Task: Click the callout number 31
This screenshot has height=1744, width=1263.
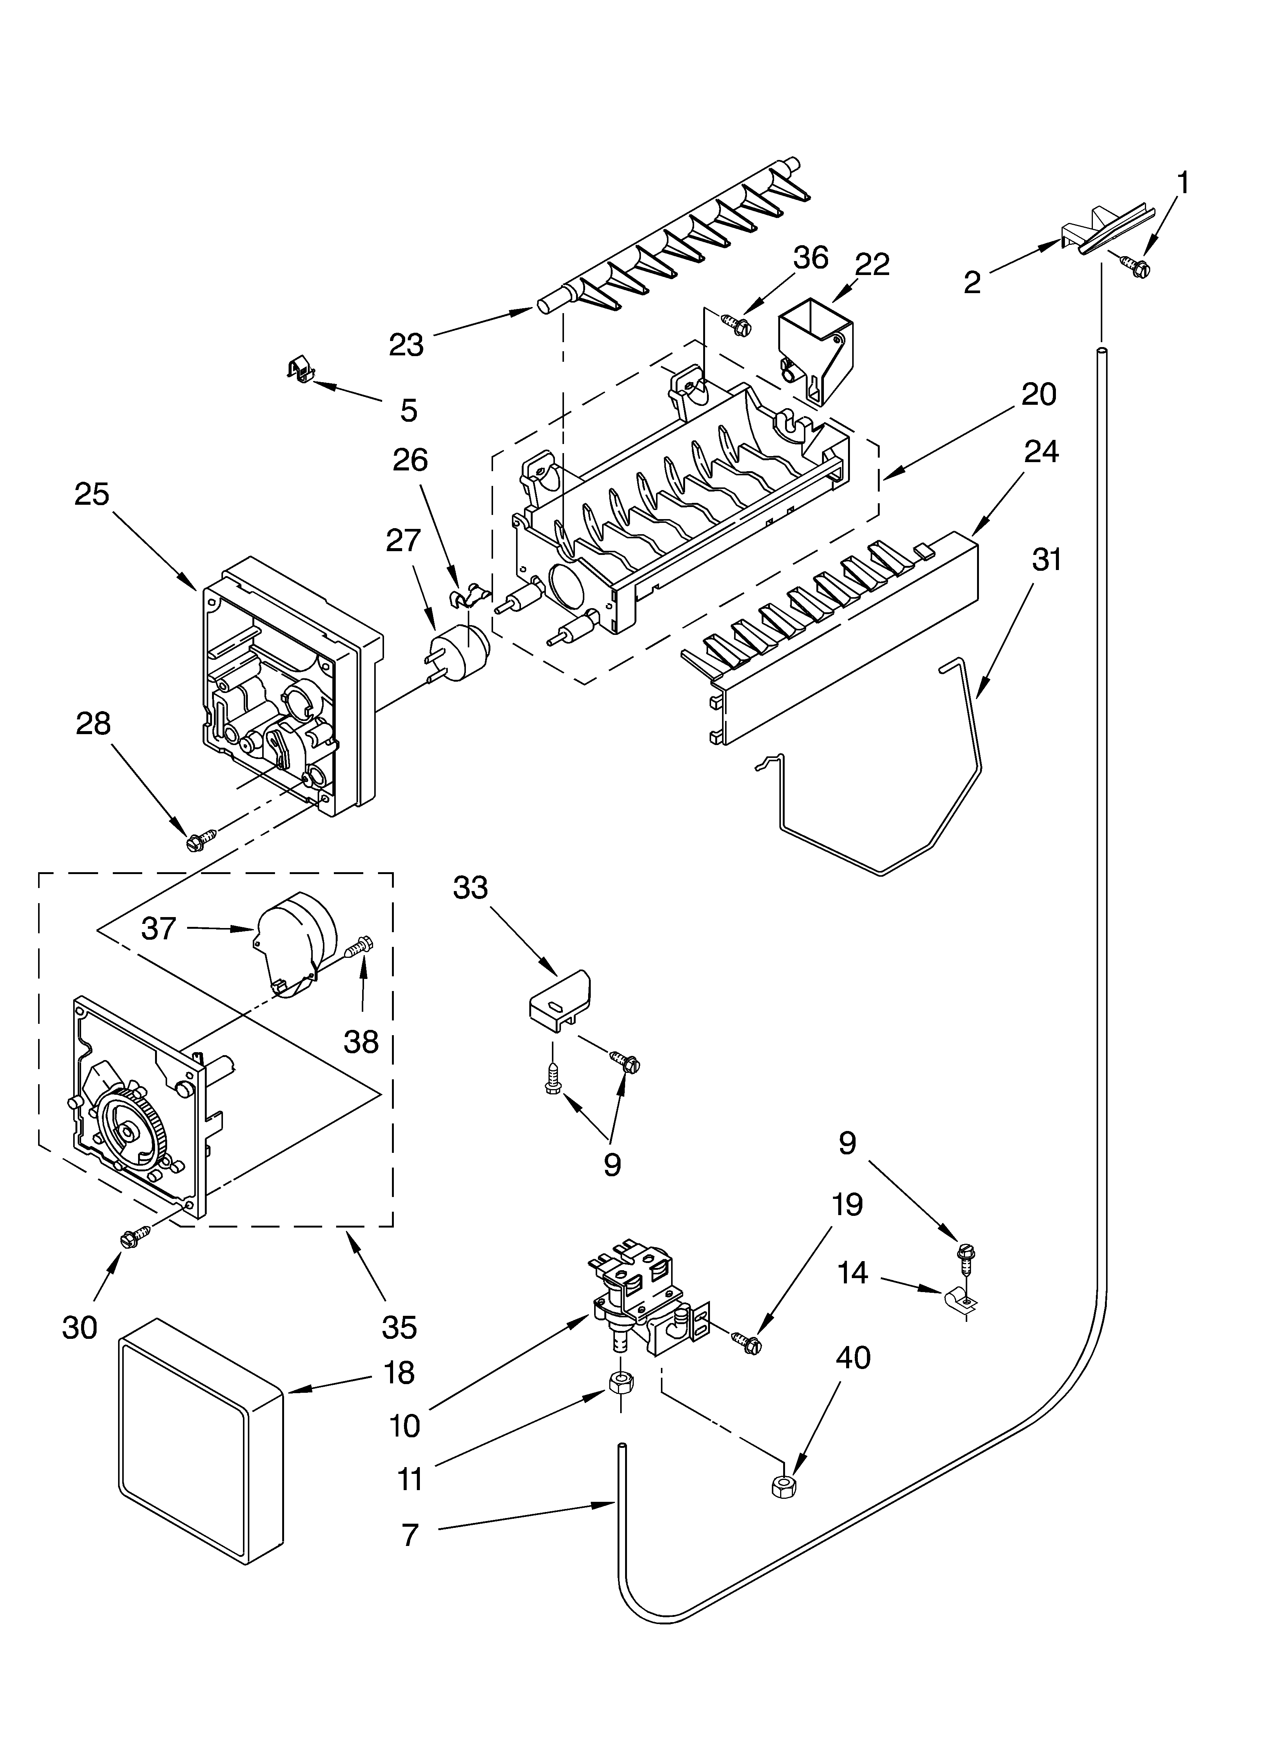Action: tap(1046, 560)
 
